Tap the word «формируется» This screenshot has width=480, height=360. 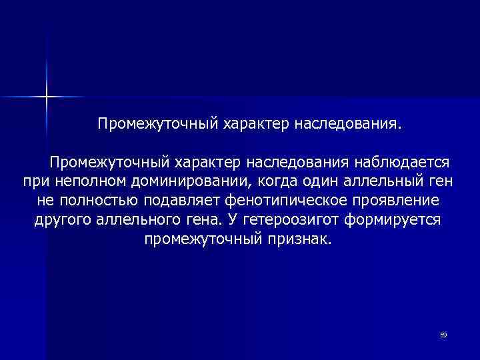click(393, 220)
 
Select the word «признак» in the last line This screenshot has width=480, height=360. click(298, 239)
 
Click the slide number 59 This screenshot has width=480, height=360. click(443, 334)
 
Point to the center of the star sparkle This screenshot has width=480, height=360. click(47, 97)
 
